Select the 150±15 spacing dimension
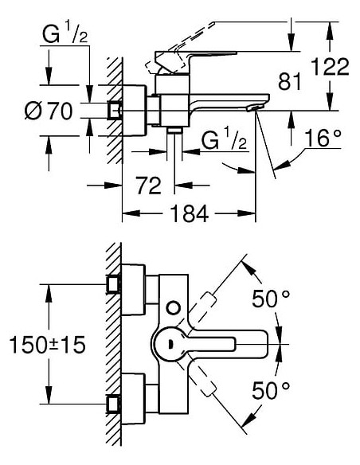click(x=45, y=345)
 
